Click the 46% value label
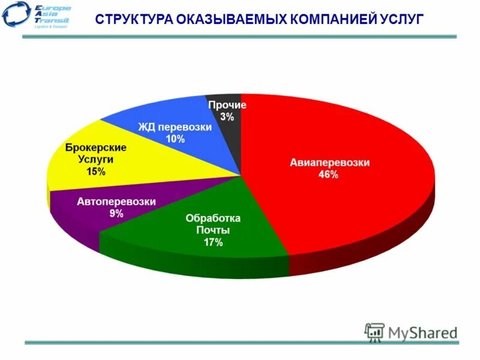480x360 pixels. tap(328, 175)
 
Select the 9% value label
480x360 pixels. tap(116, 214)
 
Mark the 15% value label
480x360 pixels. tap(95, 172)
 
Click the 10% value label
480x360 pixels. tap(175, 139)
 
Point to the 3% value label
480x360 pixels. tap(227, 117)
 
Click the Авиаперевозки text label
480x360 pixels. tap(330, 163)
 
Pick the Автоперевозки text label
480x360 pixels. tap(116, 202)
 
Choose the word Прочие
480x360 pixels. tap(227, 105)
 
